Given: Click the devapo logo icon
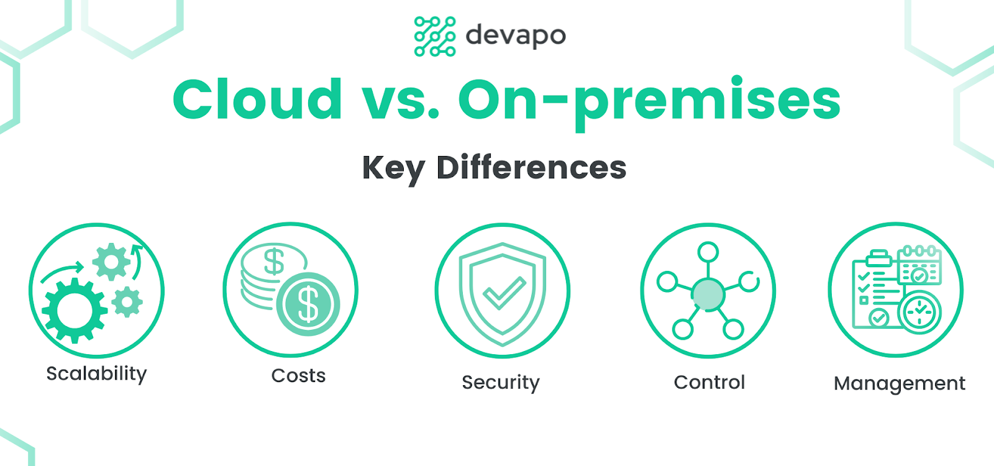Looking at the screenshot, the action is (435, 37).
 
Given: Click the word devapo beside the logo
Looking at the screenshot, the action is (516, 36).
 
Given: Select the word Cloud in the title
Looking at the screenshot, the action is (258, 99).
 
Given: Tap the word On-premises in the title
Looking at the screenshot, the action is (650, 103).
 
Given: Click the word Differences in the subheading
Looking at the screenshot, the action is (531, 167).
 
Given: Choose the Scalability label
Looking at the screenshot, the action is (96, 374).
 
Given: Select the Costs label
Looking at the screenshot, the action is (298, 376).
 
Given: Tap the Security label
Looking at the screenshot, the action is (501, 383).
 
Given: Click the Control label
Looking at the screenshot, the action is (709, 382).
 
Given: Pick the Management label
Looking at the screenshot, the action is (899, 384).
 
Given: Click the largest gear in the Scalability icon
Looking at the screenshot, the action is (75, 311).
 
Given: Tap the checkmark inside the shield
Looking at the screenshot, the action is (504, 293).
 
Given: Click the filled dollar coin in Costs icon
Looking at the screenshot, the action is (308, 304).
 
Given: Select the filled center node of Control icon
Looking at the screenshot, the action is (708, 294).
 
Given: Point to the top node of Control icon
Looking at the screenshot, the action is (708, 252).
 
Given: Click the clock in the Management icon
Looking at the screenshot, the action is (919, 311).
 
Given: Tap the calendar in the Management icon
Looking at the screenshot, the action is (919, 265).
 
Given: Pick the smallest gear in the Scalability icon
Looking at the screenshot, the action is (127, 302).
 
